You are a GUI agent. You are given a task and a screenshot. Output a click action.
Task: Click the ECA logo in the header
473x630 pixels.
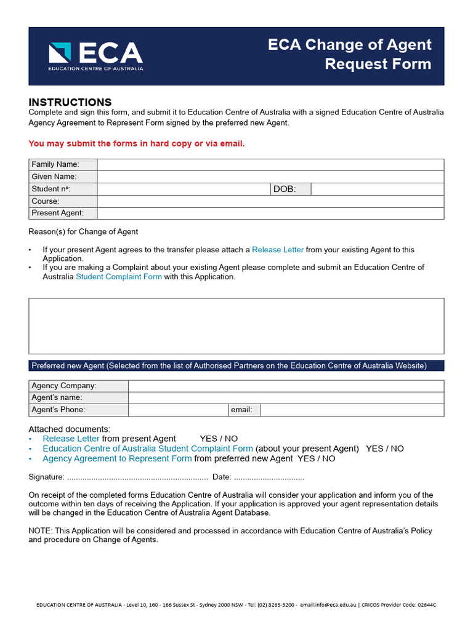95,56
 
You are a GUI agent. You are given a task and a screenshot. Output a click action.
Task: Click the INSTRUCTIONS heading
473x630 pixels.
70,102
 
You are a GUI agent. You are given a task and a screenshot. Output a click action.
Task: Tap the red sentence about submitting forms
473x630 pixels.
137,143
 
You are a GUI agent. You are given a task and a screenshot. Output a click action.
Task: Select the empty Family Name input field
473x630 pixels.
270,165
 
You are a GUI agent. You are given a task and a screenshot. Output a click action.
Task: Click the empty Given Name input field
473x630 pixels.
270,177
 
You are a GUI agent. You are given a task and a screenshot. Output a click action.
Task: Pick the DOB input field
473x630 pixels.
377,189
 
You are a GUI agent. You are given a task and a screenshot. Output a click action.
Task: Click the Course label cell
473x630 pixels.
63,201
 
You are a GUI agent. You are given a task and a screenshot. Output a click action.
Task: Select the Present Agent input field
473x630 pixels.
270,213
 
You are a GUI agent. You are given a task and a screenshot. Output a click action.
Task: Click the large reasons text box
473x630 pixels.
236,326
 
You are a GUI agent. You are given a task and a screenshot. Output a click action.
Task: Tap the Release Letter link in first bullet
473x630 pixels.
278,250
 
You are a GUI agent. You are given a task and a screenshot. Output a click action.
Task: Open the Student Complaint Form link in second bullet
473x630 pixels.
119,277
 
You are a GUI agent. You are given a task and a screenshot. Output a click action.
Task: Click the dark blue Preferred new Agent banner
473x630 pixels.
236,365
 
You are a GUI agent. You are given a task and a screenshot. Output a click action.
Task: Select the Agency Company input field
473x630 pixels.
286,386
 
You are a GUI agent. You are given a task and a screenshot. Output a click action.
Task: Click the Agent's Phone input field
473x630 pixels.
178,410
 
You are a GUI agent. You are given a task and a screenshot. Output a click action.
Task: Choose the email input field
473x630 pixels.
352,410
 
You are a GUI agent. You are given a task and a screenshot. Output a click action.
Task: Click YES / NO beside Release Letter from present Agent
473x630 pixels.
219,439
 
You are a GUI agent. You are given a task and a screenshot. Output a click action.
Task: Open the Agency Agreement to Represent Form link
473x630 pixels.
117,458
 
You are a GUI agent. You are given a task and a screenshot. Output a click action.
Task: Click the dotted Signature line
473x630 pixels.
137,477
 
